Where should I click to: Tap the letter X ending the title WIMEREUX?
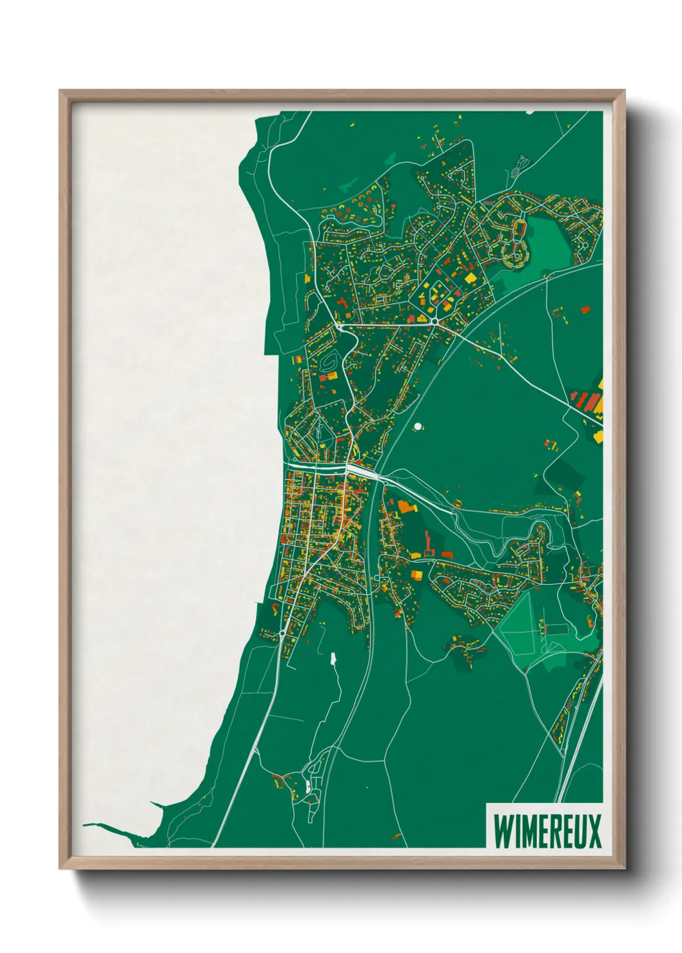pyautogui.click(x=594, y=833)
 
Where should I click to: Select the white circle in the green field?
pyautogui.click(x=418, y=426)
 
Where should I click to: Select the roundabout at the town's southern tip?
pyautogui.click(x=282, y=634)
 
